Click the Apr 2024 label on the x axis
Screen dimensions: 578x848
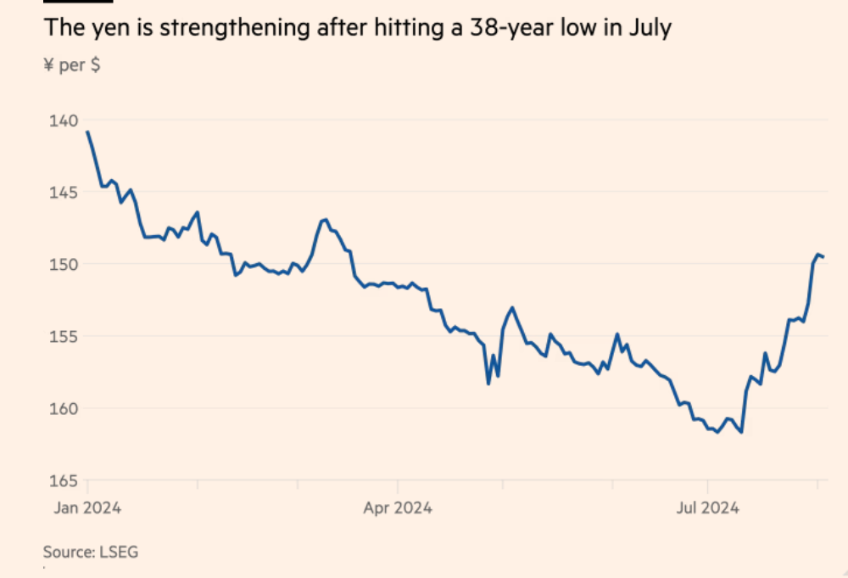point(397,508)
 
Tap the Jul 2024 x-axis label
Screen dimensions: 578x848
point(706,508)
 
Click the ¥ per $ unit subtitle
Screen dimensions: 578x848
point(71,65)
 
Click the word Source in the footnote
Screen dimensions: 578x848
point(69,553)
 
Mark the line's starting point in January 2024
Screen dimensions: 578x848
point(87,132)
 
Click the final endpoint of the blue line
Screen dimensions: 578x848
point(823,257)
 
